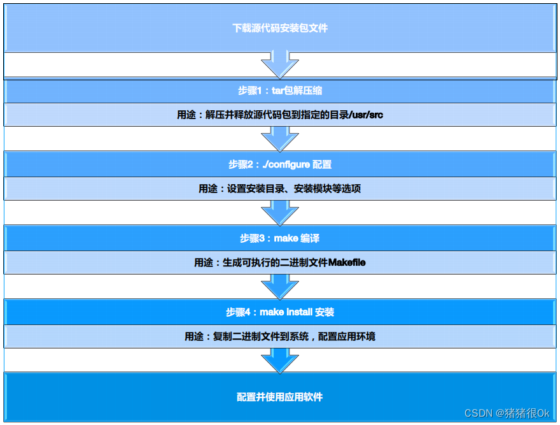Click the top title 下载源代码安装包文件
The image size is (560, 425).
tap(280, 29)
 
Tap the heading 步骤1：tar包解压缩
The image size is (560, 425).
tap(280, 90)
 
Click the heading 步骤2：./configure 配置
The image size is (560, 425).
tap(280, 164)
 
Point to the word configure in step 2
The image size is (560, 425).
tap(290, 164)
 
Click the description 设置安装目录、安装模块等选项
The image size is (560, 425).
tap(295, 189)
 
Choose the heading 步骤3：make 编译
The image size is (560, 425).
tap(280, 238)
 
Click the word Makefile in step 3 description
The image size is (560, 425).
tap(347, 263)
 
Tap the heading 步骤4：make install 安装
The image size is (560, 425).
tap(280, 312)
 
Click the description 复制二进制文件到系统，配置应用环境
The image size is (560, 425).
tap(295, 336)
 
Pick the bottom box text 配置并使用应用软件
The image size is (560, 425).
tap(280, 397)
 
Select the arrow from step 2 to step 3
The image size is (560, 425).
tap(280, 213)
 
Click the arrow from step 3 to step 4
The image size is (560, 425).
tap(280, 287)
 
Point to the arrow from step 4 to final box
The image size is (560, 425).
tap(280, 361)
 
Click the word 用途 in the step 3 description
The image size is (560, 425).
tap(203, 263)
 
